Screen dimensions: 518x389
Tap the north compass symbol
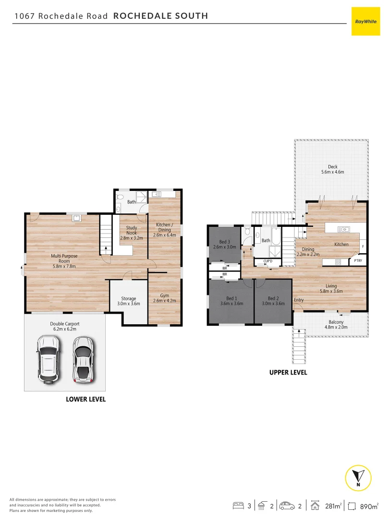click(358, 477)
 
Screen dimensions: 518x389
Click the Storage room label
click(128, 299)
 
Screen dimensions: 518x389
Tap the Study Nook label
click(132, 230)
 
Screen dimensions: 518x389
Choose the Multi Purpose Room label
click(64, 259)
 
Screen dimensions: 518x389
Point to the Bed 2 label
click(273, 298)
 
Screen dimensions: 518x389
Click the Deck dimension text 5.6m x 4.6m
click(333, 172)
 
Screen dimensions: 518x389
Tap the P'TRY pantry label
click(357, 261)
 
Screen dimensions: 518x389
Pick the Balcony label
click(336, 322)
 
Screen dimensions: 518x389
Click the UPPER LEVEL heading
click(288, 373)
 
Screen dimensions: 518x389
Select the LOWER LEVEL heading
click(85, 399)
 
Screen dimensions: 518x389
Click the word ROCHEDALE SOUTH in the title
click(160, 16)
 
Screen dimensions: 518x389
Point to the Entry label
click(299, 300)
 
